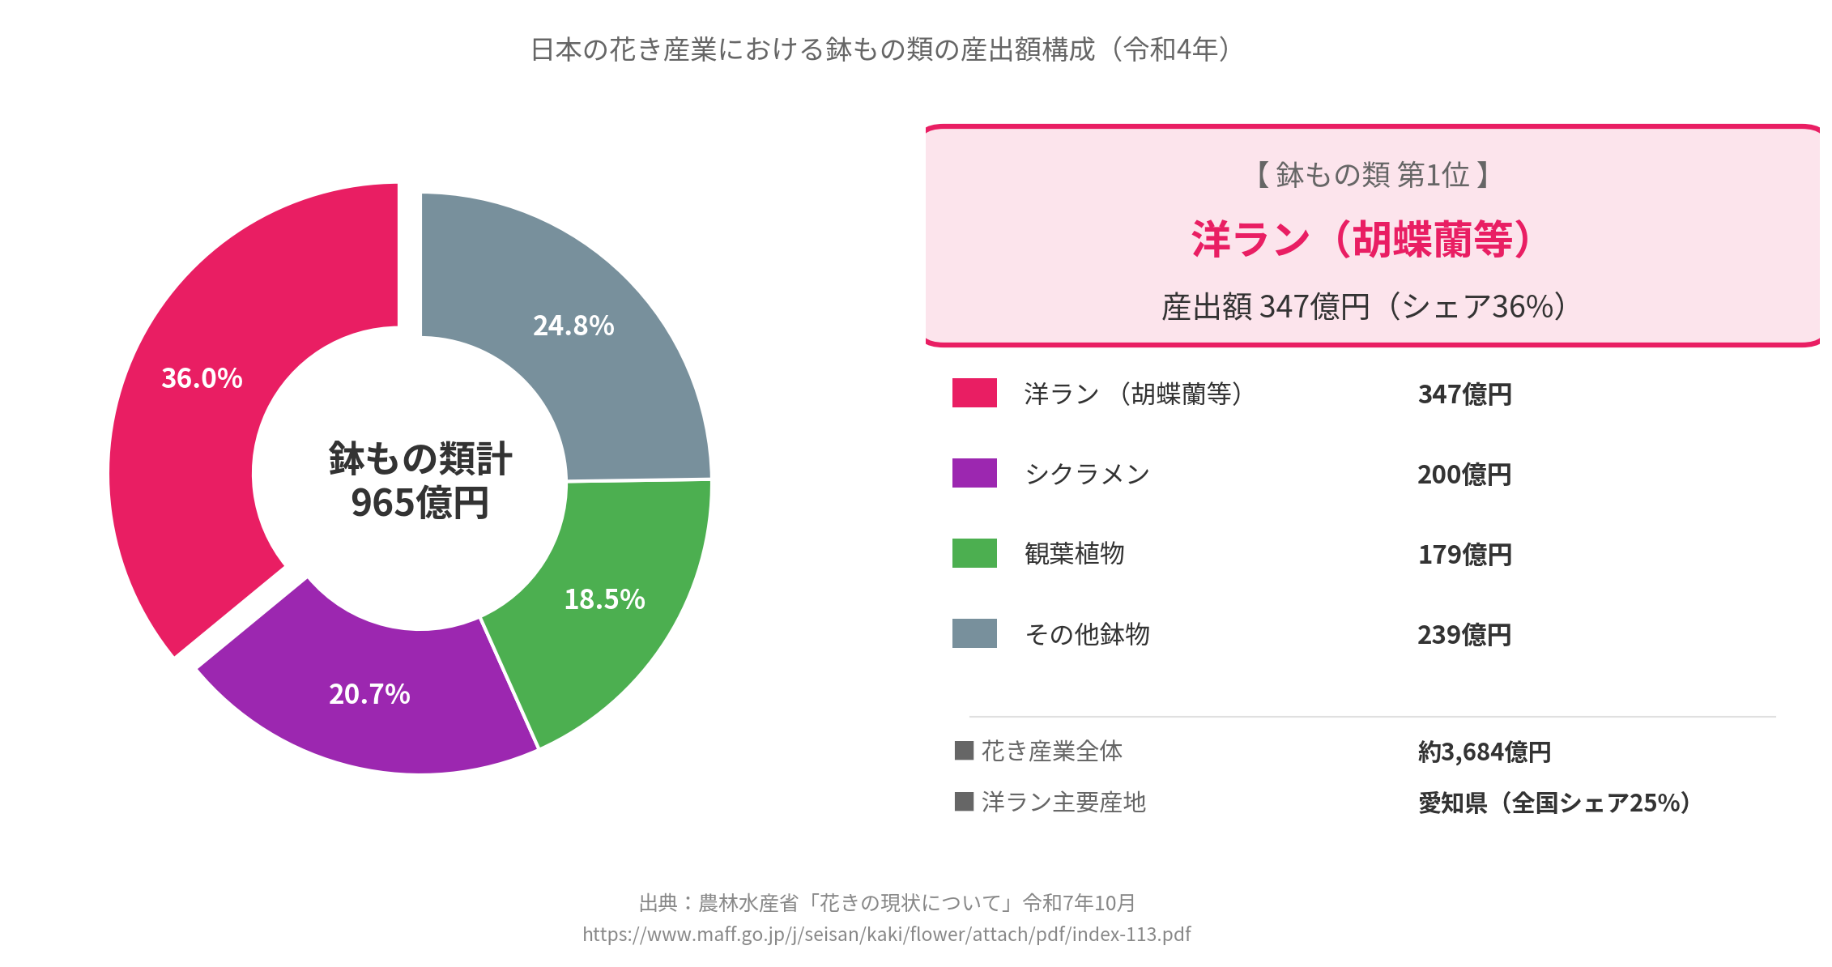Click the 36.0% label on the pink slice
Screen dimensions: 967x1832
202,378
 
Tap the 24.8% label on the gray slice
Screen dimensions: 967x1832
573,326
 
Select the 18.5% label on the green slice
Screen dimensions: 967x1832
604,599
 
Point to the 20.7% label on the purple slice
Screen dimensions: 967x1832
369,694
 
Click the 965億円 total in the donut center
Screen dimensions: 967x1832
420,503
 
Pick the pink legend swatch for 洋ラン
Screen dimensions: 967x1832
974,393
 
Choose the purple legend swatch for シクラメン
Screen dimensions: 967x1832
974,473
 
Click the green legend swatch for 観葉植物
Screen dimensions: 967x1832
974,553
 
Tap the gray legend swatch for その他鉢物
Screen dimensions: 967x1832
974,633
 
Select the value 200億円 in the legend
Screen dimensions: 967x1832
1464,475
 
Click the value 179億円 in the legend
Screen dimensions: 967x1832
1464,555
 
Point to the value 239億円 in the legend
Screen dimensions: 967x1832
1464,635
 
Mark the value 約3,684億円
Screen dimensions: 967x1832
1484,752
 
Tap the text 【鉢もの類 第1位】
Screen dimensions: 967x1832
1372,175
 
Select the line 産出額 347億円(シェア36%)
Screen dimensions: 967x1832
1365,307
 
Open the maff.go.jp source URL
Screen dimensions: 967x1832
886,935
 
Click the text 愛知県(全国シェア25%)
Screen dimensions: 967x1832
1555,803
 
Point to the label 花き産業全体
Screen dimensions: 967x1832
1051,752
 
